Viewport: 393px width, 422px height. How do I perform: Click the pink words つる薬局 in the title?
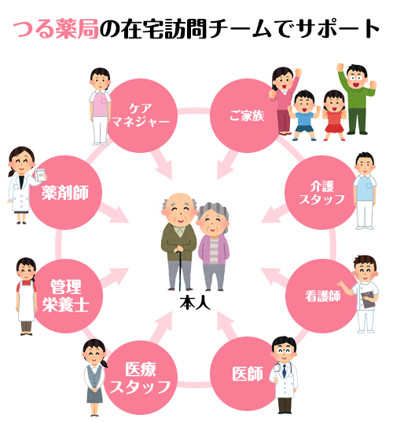[x=56, y=28]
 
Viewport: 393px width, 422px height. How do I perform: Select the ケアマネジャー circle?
[x=140, y=115]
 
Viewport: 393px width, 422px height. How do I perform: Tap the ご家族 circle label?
[x=247, y=116]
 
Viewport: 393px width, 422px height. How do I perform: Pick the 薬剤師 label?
[x=65, y=193]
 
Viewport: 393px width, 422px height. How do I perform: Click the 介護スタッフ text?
[x=321, y=193]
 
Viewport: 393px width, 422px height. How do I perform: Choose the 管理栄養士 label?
[x=65, y=296]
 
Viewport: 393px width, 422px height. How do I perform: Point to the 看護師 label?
[x=322, y=296]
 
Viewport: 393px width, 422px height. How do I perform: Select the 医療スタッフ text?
[x=140, y=378]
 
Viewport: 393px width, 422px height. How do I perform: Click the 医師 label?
[x=248, y=374]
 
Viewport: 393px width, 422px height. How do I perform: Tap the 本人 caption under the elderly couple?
[x=195, y=303]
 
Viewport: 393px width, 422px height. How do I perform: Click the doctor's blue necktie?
[x=284, y=370]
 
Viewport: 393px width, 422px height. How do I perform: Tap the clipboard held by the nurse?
[x=368, y=300]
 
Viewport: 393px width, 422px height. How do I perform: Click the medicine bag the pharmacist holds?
[x=40, y=175]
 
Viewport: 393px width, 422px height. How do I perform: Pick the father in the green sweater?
[x=356, y=99]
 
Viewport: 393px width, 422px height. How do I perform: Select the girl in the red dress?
[x=334, y=115]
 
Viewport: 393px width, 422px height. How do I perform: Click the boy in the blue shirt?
[x=304, y=115]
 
